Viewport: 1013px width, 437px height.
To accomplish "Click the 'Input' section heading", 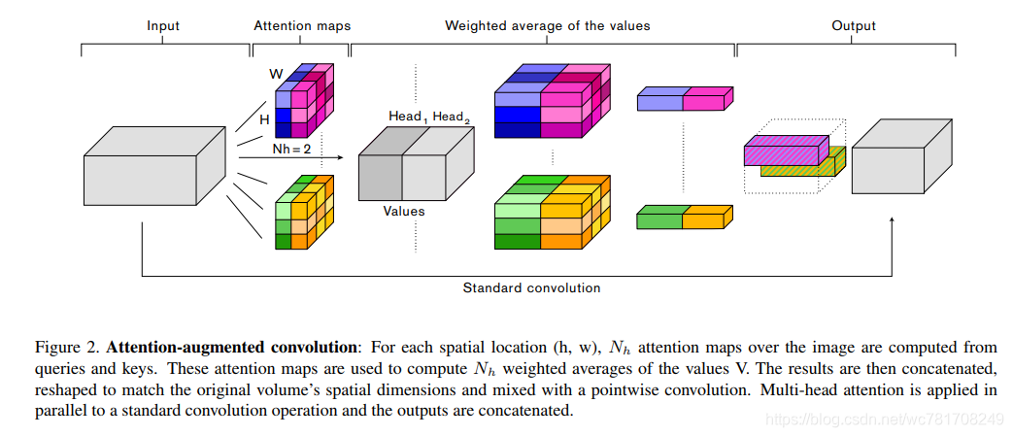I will [x=163, y=26].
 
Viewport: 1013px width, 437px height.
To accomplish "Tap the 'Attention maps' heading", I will [x=302, y=26].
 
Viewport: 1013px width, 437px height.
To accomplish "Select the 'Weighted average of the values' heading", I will [x=547, y=26].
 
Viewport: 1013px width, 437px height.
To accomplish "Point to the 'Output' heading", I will [x=854, y=26].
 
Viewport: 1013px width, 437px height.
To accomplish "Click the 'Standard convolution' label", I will [x=531, y=287].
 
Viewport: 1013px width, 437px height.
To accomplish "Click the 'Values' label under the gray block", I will [x=403, y=210].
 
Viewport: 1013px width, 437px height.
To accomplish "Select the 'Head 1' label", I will [x=407, y=117].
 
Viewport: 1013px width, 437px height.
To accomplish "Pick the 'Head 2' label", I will [x=452, y=117].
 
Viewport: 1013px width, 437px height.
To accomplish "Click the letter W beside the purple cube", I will [x=275, y=74].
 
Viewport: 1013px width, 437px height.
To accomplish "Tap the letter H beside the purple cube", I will [x=264, y=118].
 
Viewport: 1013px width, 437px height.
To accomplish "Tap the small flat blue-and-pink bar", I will [x=681, y=98].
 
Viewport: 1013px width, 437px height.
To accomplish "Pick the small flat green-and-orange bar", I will [x=681, y=218].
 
